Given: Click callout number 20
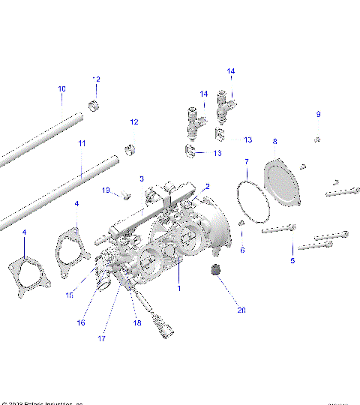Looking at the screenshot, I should (220, 310).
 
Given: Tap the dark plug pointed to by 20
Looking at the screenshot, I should (217, 271).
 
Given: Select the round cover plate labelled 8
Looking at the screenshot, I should (284, 182).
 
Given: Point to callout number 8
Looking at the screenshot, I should (274, 141).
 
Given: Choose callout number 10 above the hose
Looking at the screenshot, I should (61, 88).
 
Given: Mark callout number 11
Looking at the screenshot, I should (82, 142).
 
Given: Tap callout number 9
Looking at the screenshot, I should (318, 114).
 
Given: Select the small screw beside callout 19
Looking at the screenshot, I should (126, 196).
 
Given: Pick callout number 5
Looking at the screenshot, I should (292, 260).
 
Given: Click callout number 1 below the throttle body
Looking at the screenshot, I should (178, 287).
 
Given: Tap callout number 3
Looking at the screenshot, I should (141, 178).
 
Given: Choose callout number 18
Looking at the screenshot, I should (136, 322).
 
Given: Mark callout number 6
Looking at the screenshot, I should (241, 250).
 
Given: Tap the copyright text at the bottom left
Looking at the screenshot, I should (41, 402).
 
